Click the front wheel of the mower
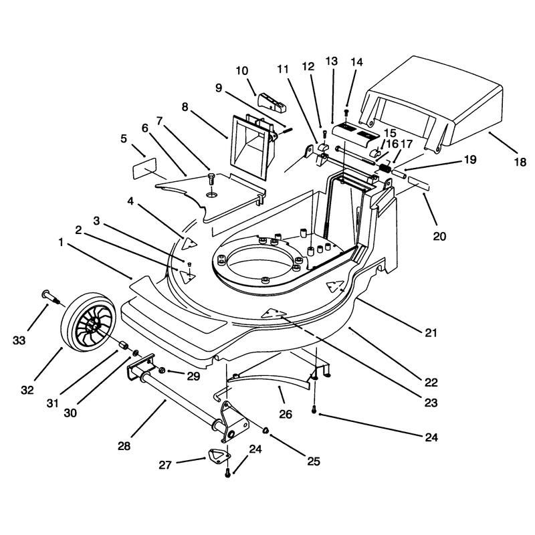pos(89,322)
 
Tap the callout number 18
pos(520,162)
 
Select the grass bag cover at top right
pos(431,104)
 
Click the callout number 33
pos(19,340)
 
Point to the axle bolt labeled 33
pos(51,297)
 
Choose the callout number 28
pos(124,445)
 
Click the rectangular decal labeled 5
pos(144,169)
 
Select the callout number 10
pos(242,71)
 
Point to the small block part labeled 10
pos(272,102)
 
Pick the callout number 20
pos(439,236)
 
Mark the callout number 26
pos(286,414)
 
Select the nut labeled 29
pos(163,370)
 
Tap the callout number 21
pos(431,332)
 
